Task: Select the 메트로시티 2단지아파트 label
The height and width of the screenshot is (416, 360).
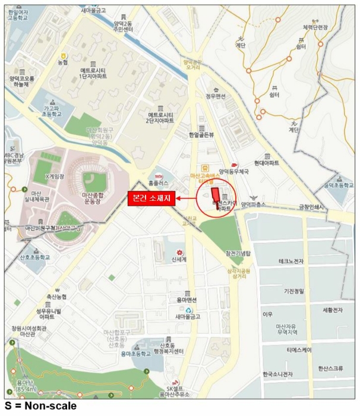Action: [160, 117]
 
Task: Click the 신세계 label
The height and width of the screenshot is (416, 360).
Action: [178, 259]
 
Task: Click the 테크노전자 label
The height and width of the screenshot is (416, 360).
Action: [290, 261]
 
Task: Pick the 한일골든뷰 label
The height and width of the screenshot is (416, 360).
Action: [201, 135]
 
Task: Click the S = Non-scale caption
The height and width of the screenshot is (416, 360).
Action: [40, 406]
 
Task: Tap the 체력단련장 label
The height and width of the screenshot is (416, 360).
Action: [315, 27]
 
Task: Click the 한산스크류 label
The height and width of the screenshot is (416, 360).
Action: [330, 368]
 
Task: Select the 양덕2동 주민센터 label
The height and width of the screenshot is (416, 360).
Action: [125, 25]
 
